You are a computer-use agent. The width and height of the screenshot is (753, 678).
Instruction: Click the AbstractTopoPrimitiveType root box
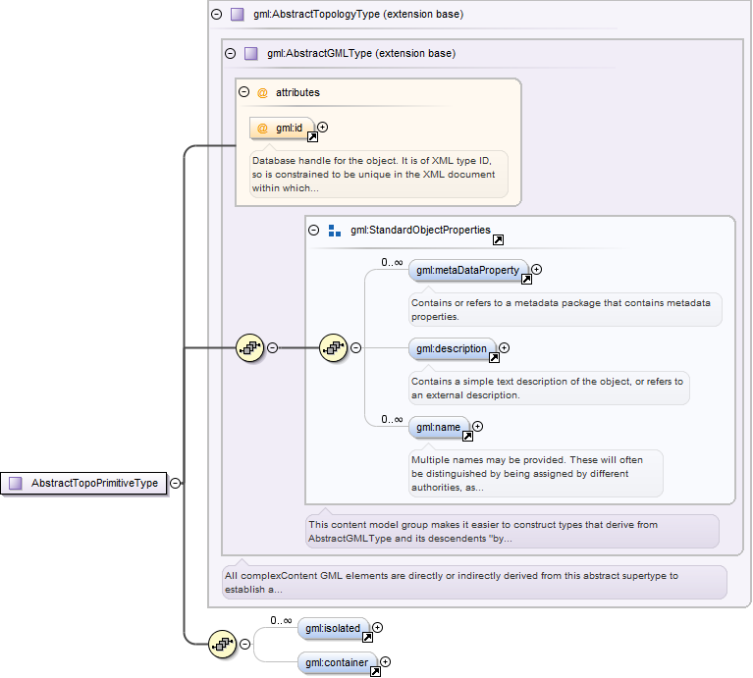tap(83, 483)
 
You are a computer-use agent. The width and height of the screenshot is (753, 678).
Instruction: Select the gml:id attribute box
tap(282, 129)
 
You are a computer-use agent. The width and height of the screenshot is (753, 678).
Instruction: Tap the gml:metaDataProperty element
tap(468, 270)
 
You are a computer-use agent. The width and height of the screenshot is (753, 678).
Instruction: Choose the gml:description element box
tap(452, 349)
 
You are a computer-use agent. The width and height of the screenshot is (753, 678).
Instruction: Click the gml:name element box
tap(439, 427)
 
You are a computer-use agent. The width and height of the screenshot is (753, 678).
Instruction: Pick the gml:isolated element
tap(333, 628)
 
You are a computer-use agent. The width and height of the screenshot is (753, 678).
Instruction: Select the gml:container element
tap(337, 662)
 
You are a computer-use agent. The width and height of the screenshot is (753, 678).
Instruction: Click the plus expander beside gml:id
tap(323, 128)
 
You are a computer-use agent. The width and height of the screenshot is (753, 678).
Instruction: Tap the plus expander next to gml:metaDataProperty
tap(536, 270)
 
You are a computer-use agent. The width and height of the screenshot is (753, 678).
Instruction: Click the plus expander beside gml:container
tap(385, 662)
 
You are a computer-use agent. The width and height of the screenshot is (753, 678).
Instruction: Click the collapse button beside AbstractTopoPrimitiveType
tap(176, 483)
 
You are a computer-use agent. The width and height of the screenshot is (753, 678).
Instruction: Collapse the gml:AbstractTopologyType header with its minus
tap(217, 15)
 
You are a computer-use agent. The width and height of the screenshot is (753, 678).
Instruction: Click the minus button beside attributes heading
tap(243, 92)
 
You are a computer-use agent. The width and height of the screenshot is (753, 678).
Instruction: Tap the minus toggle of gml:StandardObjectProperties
tap(313, 231)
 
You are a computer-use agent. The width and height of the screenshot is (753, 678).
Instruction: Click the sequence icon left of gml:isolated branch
tap(222, 644)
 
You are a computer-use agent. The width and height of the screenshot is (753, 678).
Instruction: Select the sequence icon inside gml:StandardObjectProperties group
tap(333, 348)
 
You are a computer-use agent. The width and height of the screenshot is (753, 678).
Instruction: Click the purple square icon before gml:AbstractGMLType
tap(251, 53)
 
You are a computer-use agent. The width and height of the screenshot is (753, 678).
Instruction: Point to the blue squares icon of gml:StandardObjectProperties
tap(335, 231)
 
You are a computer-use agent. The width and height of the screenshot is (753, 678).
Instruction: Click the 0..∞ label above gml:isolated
tap(281, 620)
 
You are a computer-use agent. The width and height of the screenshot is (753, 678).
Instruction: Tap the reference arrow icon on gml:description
tap(494, 357)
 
